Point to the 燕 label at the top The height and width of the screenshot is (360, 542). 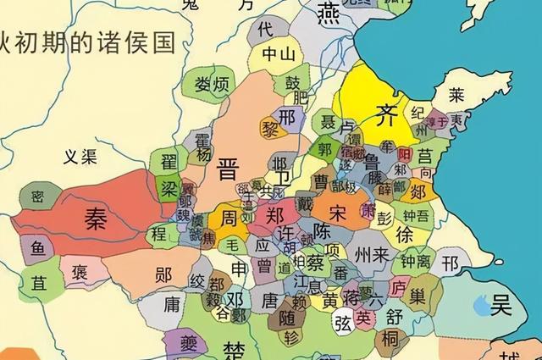point(329,12)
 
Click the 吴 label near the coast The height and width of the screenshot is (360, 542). point(503,302)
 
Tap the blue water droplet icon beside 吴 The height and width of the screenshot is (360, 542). point(480,302)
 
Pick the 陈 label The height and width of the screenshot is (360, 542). point(321,230)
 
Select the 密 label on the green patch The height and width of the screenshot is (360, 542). point(37,196)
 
